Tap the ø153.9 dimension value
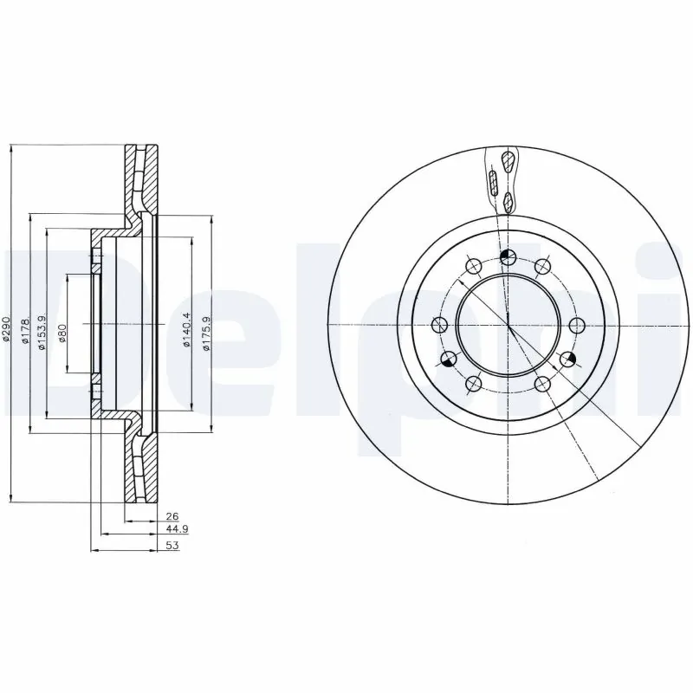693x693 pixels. coord(40,329)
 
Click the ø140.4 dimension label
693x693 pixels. coord(187,330)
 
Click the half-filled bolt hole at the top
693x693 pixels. coord(508,256)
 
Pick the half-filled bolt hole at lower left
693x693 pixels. coord(449,359)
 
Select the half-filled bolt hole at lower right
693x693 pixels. coord(568,359)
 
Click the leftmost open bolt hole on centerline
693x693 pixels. coord(439,325)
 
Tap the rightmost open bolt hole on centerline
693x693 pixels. coord(578,325)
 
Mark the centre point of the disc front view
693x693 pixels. coord(508,325)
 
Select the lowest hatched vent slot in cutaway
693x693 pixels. coord(508,203)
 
